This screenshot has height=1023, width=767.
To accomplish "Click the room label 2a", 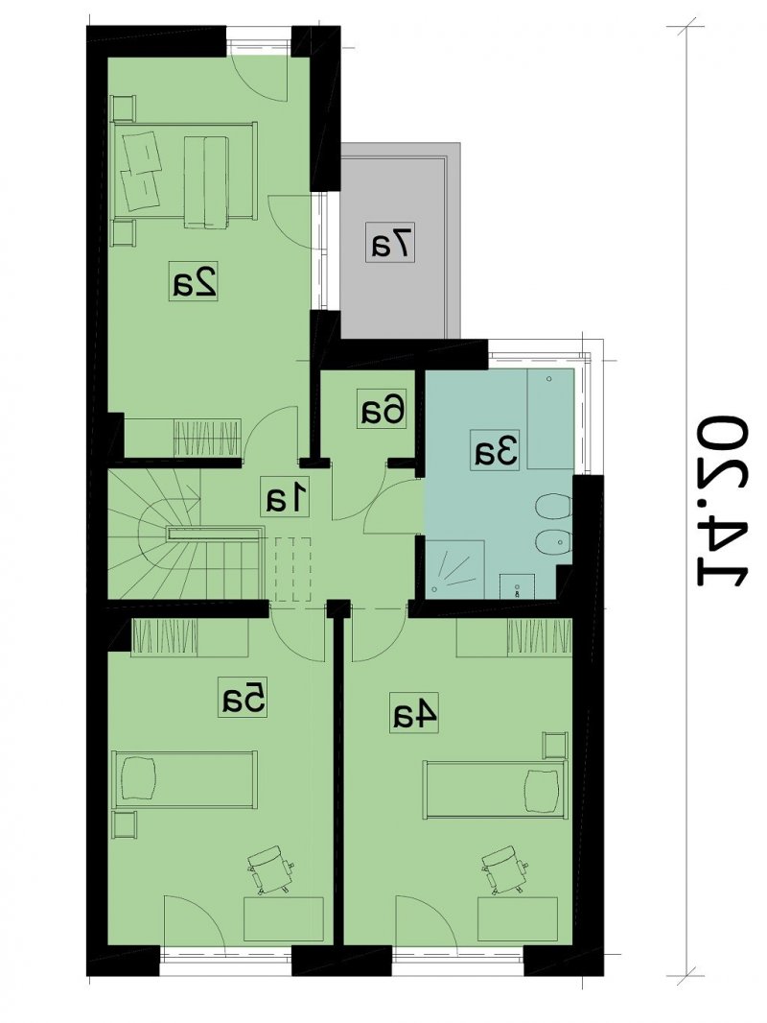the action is click(x=194, y=281).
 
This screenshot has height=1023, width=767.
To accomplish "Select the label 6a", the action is click(x=383, y=409).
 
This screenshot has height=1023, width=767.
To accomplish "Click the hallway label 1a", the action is click(x=284, y=498).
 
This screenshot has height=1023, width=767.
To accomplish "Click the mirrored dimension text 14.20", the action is click(x=723, y=500).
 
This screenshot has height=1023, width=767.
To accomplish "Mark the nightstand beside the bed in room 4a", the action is click(x=555, y=745).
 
